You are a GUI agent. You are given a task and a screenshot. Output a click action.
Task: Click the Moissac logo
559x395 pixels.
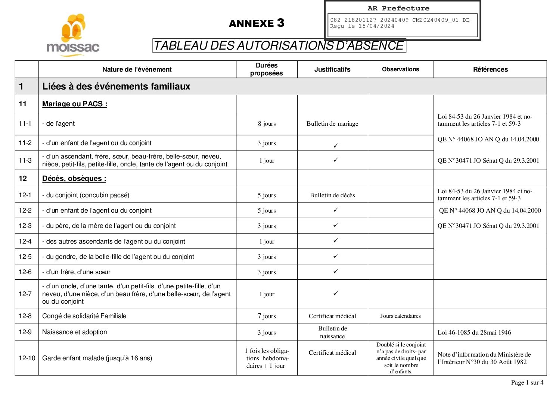[73, 35]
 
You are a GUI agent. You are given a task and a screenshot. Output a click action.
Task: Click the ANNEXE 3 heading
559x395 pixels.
[257, 23]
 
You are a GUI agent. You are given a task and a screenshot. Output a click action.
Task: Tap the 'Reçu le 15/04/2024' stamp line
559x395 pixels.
[362, 26]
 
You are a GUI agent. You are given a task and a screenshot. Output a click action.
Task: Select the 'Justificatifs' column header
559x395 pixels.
[332, 69]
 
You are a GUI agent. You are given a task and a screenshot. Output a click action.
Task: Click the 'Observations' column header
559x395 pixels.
[400, 69]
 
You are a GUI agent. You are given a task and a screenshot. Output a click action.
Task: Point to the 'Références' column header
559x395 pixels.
[490, 69]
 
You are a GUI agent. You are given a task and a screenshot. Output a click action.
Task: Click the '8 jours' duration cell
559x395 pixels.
[267, 124]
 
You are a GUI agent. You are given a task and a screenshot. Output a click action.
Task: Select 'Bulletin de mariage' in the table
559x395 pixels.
[332, 124]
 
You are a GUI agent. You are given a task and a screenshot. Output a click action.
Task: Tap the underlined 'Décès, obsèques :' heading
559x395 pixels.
[74, 179]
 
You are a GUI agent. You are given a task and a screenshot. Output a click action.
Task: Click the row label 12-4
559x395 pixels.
[25, 241]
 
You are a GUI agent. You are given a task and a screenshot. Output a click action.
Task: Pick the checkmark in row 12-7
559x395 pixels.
[335, 294]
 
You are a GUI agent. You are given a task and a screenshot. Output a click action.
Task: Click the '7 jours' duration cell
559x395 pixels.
[267, 316]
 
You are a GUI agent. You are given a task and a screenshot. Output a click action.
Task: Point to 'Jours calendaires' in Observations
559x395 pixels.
[400, 316]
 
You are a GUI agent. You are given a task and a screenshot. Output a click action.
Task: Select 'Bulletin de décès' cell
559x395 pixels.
[332, 195]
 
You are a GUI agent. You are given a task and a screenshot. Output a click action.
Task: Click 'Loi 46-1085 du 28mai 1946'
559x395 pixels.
[474, 332]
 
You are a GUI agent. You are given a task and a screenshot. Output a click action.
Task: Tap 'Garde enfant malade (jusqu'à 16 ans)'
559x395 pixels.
[97, 358]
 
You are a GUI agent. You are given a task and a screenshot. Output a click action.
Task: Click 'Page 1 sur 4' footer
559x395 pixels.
[527, 382]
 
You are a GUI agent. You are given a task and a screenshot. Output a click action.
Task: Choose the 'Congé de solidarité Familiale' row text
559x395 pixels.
[84, 316]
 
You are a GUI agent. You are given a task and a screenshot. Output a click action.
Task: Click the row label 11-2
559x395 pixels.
[25, 143]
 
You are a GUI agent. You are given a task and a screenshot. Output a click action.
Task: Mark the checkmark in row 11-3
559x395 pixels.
[335, 160]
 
